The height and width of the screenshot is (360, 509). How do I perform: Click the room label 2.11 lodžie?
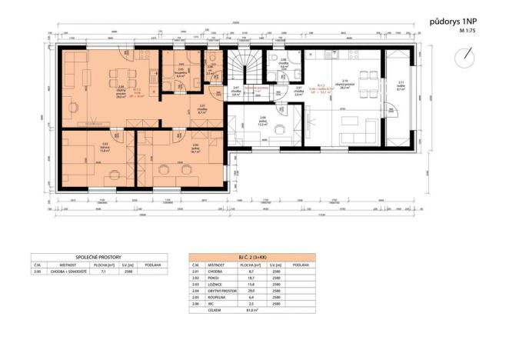click(400, 86)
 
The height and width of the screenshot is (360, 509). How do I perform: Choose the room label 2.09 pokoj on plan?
click(263, 120)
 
